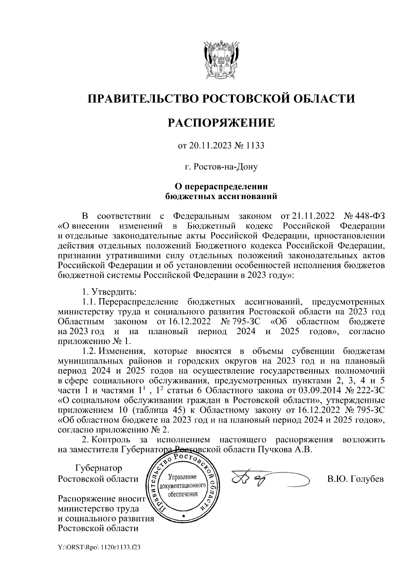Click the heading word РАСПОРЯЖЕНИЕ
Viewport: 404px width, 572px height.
pyautogui.click(x=221, y=123)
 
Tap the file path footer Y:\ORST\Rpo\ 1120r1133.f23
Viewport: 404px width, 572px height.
pyautogui.click(x=99, y=548)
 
